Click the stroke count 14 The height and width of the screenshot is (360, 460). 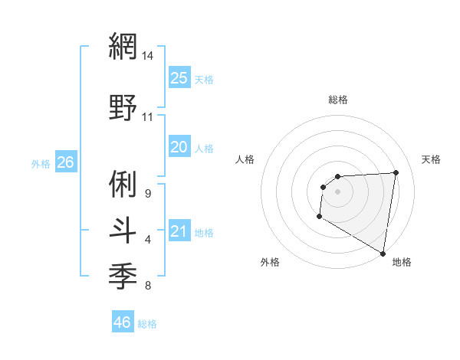click(x=148, y=56)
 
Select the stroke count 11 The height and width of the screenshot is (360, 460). click(x=148, y=117)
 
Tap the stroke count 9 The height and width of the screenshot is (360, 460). click(x=147, y=194)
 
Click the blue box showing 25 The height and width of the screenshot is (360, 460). click(x=179, y=78)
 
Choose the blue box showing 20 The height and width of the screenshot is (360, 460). click(x=179, y=147)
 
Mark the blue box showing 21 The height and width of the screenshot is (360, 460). click(x=179, y=231)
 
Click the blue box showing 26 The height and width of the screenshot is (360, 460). click(x=65, y=162)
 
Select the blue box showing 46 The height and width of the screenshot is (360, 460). click(x=122, y=322)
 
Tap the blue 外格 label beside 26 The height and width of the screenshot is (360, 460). click(x=41, y=163)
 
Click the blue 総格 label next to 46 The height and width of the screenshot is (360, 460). click(x=147, y=323)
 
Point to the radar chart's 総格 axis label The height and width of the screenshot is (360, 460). click(x=337, y=100)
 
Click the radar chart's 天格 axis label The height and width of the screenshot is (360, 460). click(x=432, y=159)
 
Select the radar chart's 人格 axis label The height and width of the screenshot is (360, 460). click(x=245, y=159)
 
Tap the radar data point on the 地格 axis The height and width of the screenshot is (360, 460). click(x=383, y=254)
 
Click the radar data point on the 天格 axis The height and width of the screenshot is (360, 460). click(x=396, y=172)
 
